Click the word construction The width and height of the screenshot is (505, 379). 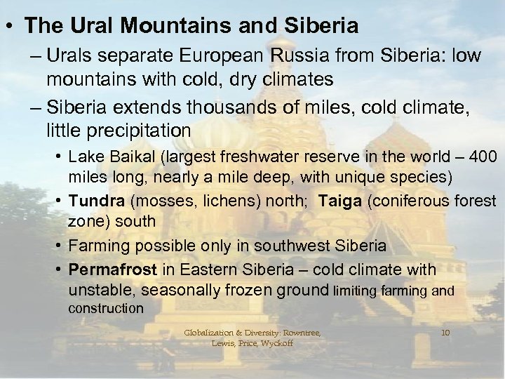pos(105,308)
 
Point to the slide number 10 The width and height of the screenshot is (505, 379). pos(445,332)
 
